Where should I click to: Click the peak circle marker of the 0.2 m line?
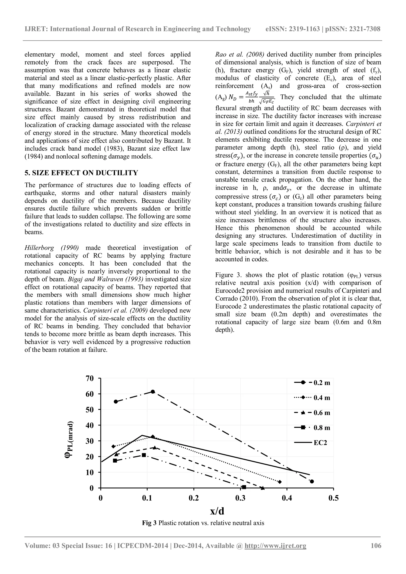coord(153,392)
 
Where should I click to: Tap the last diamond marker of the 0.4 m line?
coord(280,482)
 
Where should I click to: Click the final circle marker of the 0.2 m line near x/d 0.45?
coord(312,481)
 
